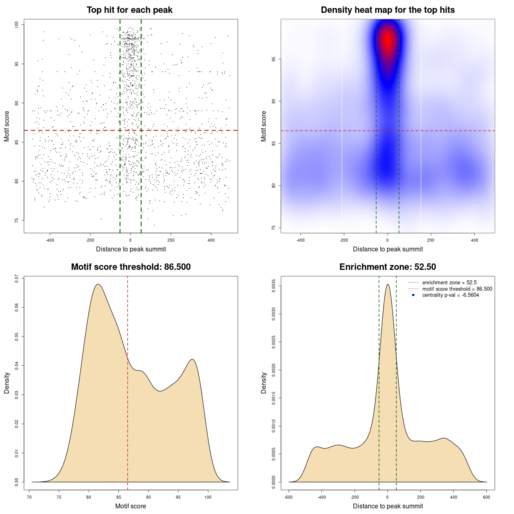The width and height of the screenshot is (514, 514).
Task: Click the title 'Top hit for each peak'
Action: (129, 10)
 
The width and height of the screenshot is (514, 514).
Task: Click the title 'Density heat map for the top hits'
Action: (388, 10)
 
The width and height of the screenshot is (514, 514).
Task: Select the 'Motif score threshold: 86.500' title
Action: (131, 267)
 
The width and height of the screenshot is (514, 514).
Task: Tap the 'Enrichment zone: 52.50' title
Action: (388, 267)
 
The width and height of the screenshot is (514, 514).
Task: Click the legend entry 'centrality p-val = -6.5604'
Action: (451, 295)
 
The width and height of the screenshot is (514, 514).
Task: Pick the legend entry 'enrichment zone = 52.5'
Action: (449, 283)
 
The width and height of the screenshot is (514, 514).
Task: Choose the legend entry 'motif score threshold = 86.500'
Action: (457, 289)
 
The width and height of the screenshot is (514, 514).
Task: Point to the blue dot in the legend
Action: (413, 295)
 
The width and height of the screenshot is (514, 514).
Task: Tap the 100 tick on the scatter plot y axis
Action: (17, 25)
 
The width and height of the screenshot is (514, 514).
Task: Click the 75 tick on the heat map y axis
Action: (274, 228)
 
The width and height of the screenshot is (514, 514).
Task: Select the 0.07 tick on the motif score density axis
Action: (17, 278)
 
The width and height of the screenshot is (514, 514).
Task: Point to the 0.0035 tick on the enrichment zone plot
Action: (274, 286)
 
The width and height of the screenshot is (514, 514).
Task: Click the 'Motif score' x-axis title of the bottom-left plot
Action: (131, 506)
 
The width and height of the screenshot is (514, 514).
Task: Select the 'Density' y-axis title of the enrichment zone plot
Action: (264, 383)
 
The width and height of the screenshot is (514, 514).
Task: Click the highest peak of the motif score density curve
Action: (98, 285)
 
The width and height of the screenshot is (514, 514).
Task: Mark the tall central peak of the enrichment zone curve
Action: (388, 285)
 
